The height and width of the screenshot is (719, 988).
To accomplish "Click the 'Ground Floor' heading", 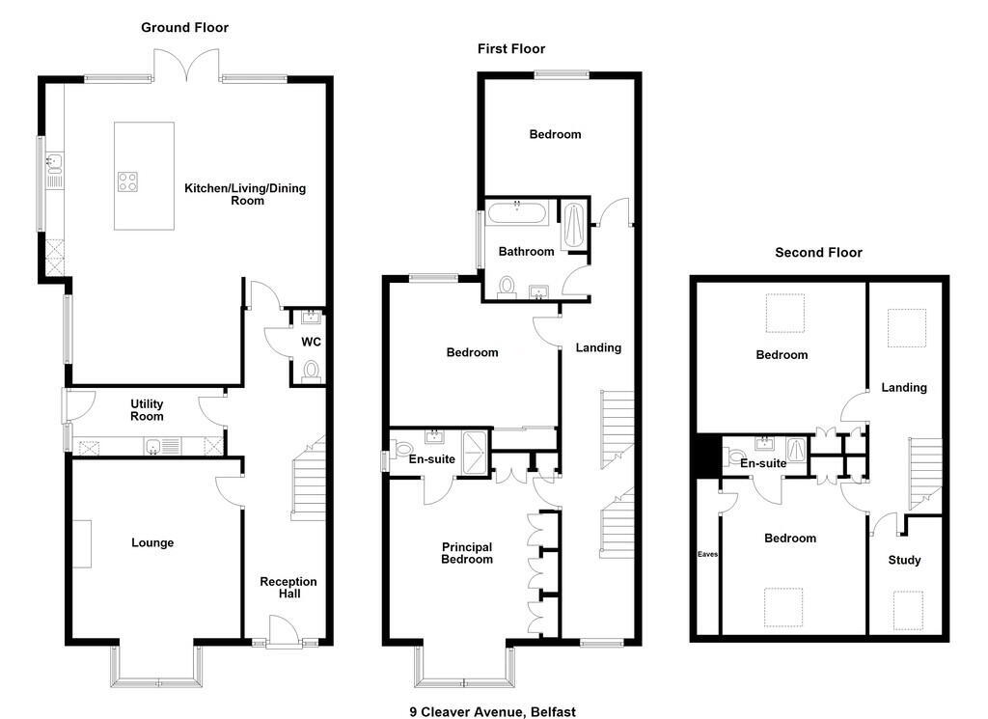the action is [x=184, y=28].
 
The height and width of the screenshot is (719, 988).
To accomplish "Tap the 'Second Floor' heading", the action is [x=818, y=253].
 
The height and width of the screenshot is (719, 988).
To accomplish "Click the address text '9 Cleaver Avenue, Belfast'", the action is [x=493, y=712].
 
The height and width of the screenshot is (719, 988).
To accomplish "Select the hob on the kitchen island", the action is [x=128, y=181].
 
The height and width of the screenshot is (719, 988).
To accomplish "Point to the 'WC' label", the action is [x=312, y=342].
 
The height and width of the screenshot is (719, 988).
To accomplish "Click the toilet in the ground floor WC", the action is [x=311, y=372].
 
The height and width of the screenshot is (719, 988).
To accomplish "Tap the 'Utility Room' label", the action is [x=147, y=409].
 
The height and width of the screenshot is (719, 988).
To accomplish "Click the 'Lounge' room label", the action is [x=152, y=542].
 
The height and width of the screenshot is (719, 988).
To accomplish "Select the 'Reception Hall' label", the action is [x=288, y=588].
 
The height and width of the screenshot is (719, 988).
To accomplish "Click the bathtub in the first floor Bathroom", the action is [x=517, y=213].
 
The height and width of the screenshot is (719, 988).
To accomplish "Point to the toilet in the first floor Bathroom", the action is [x=507, y=287].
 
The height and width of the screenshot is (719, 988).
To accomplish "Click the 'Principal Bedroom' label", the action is [x=467, y=553].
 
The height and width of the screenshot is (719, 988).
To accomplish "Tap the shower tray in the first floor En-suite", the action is [x=475, y=452].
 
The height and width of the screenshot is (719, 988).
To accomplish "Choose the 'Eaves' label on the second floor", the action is [x=707, y=555].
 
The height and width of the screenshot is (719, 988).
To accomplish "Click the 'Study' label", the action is [x=905, y=560].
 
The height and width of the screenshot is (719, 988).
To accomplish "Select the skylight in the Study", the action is [x=908, y=610].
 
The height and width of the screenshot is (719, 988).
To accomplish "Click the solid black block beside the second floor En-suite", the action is [x=708, y=456].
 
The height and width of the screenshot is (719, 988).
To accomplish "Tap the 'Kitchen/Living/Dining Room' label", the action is [x=245, y=194].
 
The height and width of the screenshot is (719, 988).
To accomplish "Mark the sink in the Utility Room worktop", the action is [x=153, y=447].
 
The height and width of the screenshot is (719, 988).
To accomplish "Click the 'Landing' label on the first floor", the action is [x=598, y=347].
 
